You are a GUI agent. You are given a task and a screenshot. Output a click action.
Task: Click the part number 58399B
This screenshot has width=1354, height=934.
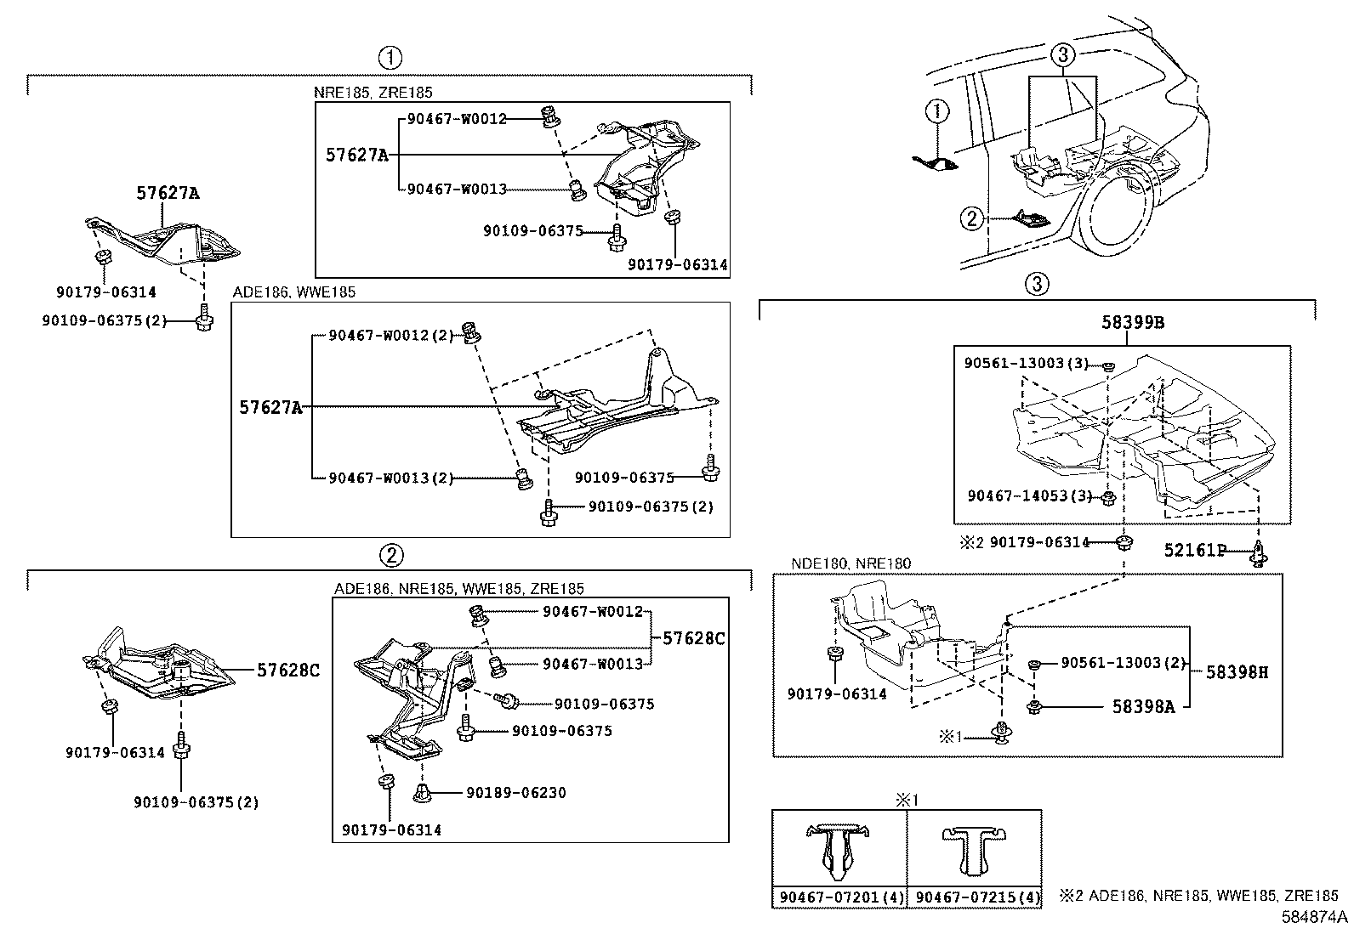pos(1127,324)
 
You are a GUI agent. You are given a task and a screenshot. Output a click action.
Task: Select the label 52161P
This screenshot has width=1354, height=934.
pos(1194,551)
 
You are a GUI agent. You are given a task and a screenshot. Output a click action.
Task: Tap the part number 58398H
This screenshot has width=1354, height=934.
pos(1237,671)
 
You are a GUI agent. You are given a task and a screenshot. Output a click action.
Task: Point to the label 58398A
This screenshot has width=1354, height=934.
pos(1143,705)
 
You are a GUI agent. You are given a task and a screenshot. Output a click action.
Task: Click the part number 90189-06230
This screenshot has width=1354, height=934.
pos(515,793)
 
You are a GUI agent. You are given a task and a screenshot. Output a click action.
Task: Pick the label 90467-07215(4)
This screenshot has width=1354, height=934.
pos(974,897)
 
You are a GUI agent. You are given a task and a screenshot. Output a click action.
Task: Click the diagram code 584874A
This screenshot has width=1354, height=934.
pos(1316,918)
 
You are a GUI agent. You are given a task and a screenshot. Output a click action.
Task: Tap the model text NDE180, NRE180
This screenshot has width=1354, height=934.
pos(851,563)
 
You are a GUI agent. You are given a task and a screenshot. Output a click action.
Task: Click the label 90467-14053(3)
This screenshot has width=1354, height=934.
pos(1029,495)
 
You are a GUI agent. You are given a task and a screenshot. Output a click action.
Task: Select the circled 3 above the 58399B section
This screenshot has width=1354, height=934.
pos(1037,283)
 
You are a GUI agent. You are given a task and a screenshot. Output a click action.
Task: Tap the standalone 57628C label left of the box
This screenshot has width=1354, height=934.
pos(288,671)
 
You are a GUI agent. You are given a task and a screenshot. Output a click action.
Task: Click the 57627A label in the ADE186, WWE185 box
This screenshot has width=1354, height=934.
pos(270,408)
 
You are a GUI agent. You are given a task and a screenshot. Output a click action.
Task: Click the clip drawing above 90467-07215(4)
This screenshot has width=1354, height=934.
pos(974,850)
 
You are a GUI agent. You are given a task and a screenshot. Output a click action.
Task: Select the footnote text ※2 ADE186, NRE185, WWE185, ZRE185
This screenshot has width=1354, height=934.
pos(1199,895)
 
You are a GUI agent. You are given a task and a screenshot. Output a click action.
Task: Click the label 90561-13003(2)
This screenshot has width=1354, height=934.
pos(1123,662)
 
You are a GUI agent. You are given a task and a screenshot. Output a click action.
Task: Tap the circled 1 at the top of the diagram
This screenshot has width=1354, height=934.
pos(390,58)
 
